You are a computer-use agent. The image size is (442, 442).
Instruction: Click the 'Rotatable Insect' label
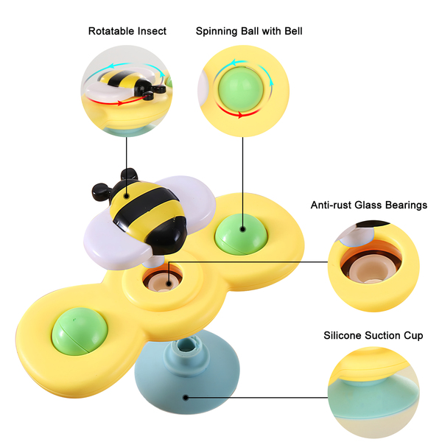[x=127, y=31]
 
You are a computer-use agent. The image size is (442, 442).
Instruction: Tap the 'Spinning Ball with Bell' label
[x=249, y=31]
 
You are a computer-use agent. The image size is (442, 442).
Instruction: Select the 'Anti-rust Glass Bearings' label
[x=368, y=205]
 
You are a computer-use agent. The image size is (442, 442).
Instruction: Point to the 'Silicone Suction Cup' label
[x=373, y=335]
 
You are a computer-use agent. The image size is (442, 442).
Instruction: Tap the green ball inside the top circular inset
[x=241, y=86]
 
